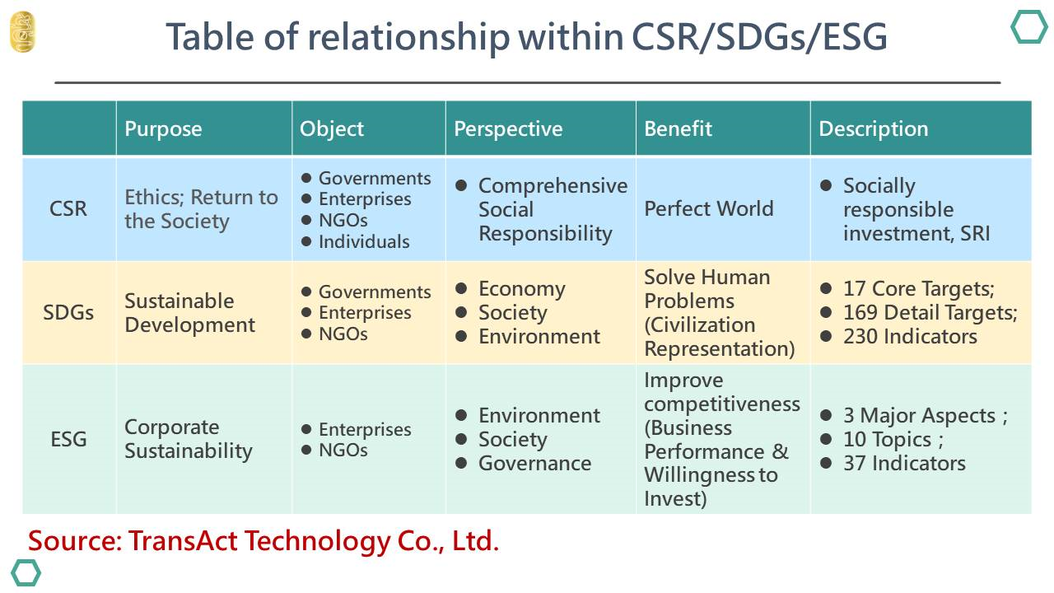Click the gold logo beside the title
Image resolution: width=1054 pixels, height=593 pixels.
pos(22,32)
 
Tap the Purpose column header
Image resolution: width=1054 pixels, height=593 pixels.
pos(163,128)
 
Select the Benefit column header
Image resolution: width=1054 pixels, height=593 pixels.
pos(678,128)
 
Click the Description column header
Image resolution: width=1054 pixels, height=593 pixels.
pos(874,128)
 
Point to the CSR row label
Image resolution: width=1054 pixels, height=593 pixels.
pos(68,208)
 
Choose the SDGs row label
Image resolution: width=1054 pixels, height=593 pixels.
pos(68,312)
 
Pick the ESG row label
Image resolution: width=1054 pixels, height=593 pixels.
pos(68,439)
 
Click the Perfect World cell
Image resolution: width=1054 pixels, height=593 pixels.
pos(709,208)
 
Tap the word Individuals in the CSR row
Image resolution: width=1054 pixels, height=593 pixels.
pos(364,241)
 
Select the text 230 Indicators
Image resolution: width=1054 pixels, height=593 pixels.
pos(910,337)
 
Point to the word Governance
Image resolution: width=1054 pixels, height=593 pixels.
pos(535,463)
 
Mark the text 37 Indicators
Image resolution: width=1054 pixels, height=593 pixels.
pos(904,463)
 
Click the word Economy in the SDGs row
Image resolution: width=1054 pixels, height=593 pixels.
pos(522,289)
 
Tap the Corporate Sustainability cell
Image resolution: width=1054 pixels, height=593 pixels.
pos(189,439)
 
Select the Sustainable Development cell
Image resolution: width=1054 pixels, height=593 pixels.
pos(189,313)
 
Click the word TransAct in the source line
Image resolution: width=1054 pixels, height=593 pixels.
pos(183,540)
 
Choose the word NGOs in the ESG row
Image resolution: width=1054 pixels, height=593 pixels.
pos(343,450)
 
